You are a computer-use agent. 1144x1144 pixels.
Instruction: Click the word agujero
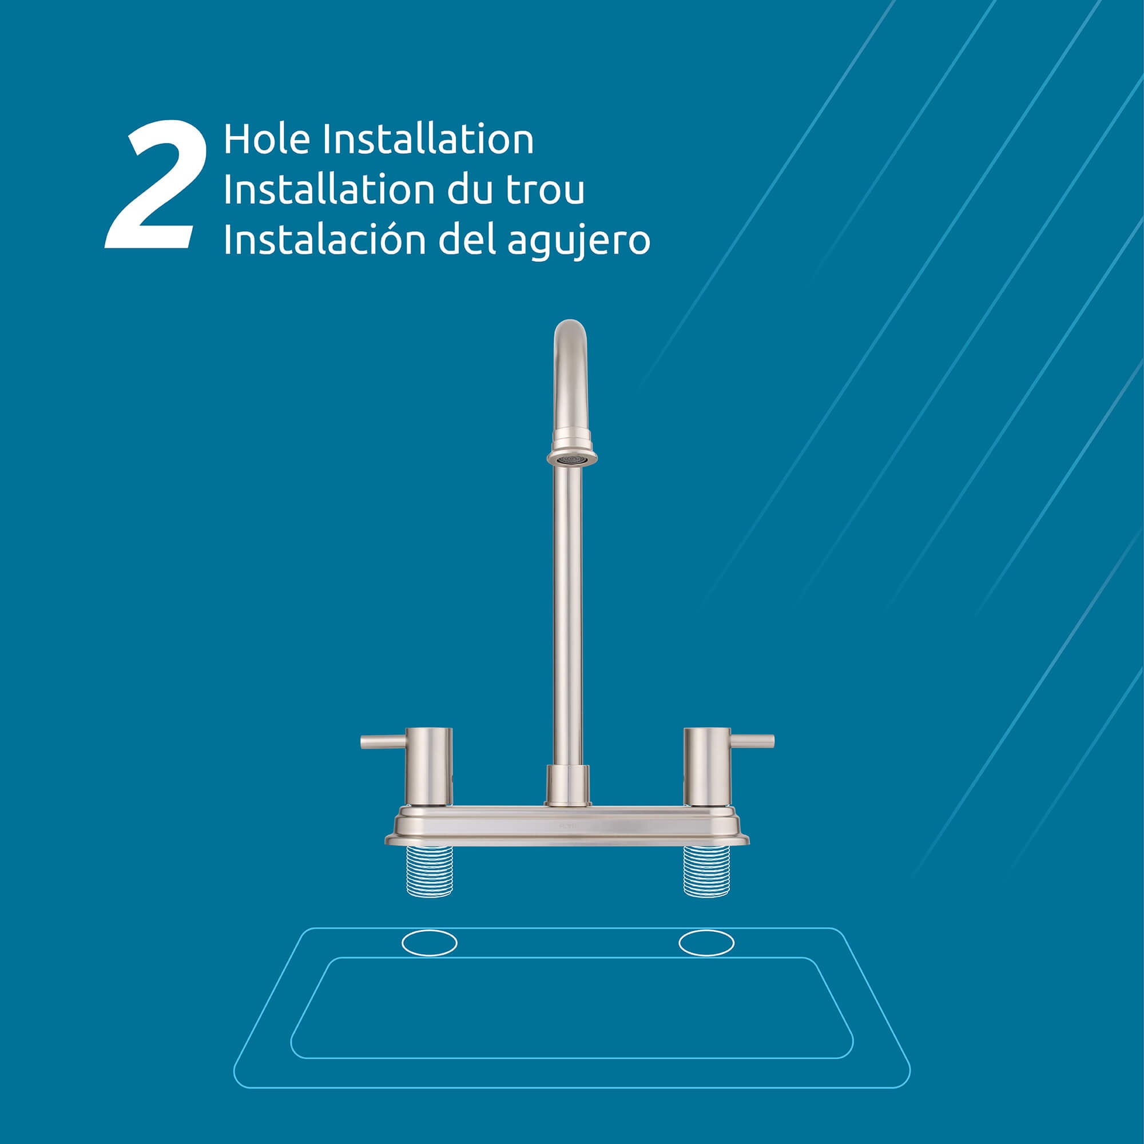pos(579,243)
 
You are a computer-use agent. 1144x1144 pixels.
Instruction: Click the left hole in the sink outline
pos(430,943)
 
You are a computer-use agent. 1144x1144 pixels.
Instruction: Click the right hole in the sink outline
pos(706,943)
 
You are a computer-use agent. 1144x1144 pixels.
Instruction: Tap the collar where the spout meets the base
pos(568,785)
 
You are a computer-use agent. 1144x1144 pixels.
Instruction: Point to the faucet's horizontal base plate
pos(567,825)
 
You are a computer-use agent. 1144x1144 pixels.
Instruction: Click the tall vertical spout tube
pos(567,616)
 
